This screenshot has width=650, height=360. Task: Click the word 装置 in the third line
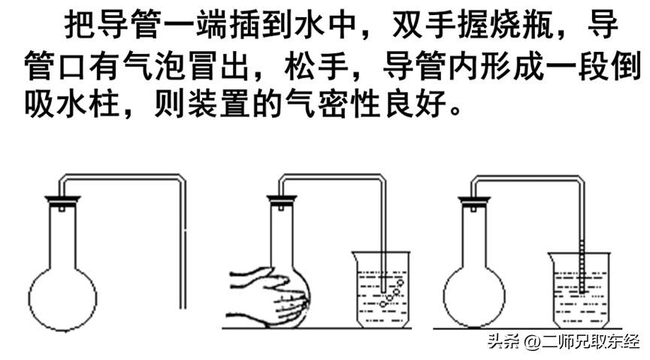[x=219, y=104]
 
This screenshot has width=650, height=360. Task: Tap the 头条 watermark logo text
[x=503, y=343]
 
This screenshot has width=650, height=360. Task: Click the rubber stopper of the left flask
[x=62, y=201]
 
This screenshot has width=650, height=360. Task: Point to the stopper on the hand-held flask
[x=282, y=201]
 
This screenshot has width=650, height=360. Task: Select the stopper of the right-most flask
[x=474, y=201]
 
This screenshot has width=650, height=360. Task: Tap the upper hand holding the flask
[x=259, y=279]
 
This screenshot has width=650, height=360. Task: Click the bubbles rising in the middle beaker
[x=392, y=293]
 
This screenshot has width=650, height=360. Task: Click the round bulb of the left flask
[x=62, y=298]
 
